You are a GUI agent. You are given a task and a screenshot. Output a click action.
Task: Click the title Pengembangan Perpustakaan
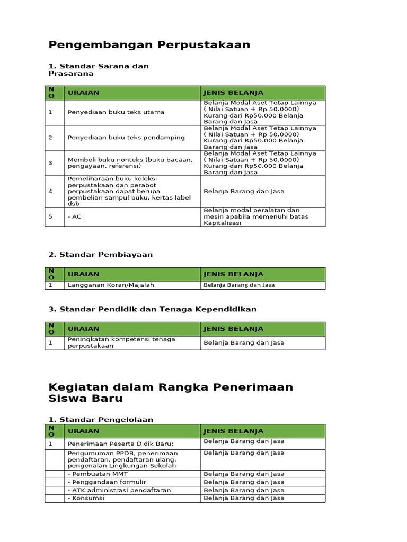click(149, 44)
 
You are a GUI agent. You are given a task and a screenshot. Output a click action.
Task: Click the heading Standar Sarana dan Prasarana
click(99, 70)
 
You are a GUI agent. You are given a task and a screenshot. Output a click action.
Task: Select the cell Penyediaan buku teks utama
click(116, 112)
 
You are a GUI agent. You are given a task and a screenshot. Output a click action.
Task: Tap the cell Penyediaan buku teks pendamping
click(126, 138)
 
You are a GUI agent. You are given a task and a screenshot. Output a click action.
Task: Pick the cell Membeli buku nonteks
click(130, 162)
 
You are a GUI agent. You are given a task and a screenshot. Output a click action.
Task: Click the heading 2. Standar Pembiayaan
click(101, 255)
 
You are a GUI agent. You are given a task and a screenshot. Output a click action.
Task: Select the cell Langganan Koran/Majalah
click(111, 285)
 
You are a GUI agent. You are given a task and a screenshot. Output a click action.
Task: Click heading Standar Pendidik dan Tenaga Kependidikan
click(153, 309)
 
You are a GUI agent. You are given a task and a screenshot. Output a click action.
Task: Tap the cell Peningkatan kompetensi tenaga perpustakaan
click(121, 342)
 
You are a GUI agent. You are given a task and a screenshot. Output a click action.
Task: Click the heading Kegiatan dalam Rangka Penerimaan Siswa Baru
click(171, 392)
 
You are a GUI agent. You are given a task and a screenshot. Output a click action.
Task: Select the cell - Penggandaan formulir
click(107, 482)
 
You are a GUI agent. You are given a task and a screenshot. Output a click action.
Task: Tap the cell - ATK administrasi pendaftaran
click(119, 490)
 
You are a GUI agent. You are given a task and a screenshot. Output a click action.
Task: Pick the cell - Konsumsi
click(86, 498)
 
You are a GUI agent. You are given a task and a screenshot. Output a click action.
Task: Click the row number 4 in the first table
click(51, 191)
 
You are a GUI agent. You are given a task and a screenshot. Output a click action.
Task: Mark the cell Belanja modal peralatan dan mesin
click(256, 216)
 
